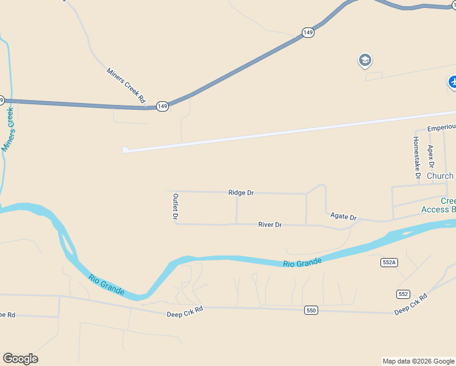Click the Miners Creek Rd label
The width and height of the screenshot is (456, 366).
click(x=127, y=85)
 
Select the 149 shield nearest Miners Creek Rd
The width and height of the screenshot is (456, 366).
click(x=162, y=106)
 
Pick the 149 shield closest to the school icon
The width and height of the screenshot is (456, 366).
click(x=308, y=32)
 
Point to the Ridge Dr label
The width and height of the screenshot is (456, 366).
click(x=241, y=193)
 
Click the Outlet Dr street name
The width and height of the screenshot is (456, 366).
click(x=175, y=207)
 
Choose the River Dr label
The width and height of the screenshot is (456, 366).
click(x=270, y=225)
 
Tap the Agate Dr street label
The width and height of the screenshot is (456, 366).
click(x=343, y=217)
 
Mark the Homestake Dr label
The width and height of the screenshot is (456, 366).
click(x=416, y=157)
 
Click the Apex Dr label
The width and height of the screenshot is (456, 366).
click(x=431, y=156)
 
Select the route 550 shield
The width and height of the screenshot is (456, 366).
click(x=311, y=310)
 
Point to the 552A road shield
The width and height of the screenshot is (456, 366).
click(x=389, y=262)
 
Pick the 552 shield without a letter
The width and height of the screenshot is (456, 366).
click(x=403, y=294)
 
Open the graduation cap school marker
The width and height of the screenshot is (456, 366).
click(x=365, y=60)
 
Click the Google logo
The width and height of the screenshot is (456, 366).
click(x=20, y=359)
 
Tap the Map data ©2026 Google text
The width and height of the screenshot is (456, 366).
click(x=418, y=361)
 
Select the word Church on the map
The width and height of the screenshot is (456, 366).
click(x=440, y=176)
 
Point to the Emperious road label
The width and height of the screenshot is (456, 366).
click(x=441, y=127)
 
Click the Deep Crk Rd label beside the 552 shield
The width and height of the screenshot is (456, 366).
click(x=411, y=304)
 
